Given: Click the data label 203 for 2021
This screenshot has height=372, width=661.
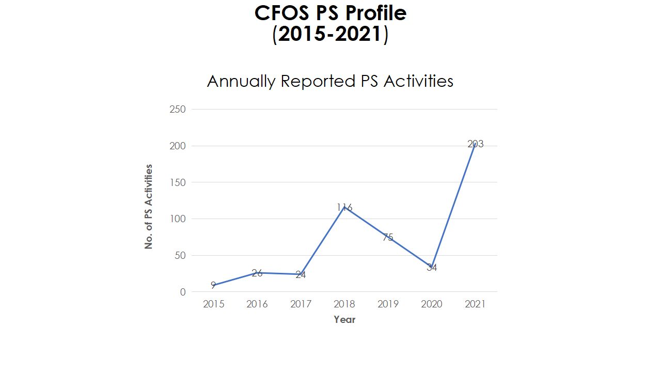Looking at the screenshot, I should coord(475,144).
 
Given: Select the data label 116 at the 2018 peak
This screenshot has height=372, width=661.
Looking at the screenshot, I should coord(344,208).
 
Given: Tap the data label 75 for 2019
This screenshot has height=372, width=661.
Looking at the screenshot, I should coord(388,238).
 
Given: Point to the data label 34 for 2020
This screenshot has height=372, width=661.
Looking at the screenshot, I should coord(432,268).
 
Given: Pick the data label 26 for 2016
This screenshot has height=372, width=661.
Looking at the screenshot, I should coord(257,273).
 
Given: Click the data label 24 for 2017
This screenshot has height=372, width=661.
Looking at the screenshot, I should coord(301,275).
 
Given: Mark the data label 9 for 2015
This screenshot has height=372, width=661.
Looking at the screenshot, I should coord(213,285).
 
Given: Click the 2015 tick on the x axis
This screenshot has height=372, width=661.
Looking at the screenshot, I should coord(213,304).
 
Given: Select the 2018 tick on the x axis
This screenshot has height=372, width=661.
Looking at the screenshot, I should coord(344,304).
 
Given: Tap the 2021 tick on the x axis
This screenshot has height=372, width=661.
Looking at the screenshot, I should coord(475,304).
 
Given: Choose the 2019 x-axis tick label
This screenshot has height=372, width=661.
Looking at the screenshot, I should coord(388,304).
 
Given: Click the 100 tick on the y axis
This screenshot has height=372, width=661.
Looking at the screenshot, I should coord(177,219).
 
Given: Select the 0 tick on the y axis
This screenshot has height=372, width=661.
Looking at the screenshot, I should coord(182,292).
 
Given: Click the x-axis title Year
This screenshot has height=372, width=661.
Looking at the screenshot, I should coord(344,320).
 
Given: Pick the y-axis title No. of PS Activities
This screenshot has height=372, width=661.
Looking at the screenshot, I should coord(149,207).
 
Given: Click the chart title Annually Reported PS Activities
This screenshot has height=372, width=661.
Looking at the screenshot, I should coord(330,81).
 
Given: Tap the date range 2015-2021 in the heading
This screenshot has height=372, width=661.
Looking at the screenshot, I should coord(330,35).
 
